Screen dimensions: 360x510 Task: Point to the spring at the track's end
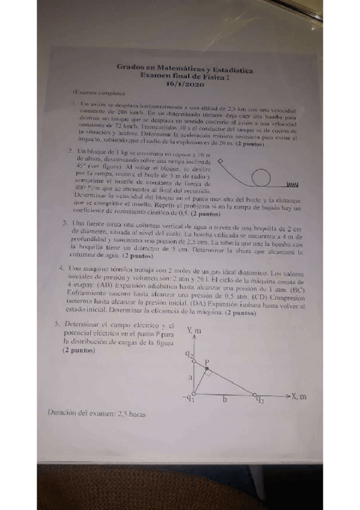click(293, 183)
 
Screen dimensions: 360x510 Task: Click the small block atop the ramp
click(219, 161)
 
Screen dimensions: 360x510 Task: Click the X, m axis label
click(299, 396)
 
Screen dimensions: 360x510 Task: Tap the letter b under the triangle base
click(224, 400)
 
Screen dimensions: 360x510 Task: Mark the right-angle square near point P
click(208, 372)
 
